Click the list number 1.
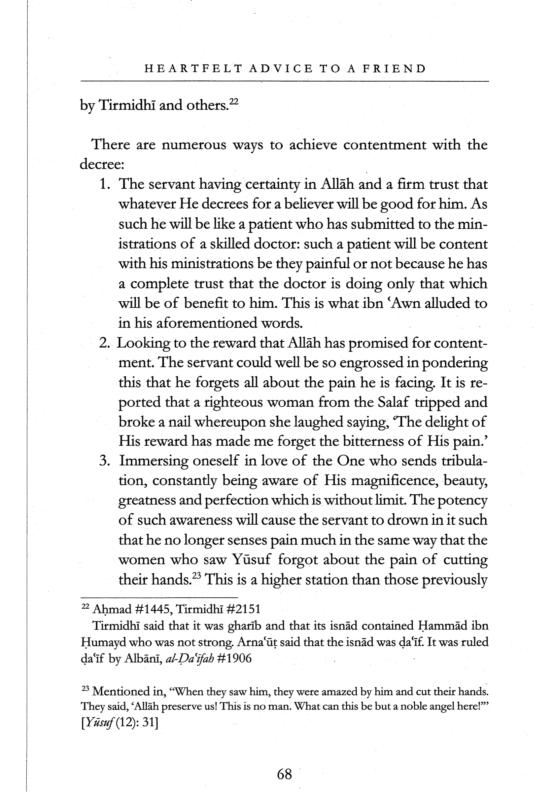click(x=105, y=184)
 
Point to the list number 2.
click(x=104, y=343)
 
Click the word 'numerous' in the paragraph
click(x=194, y=145)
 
